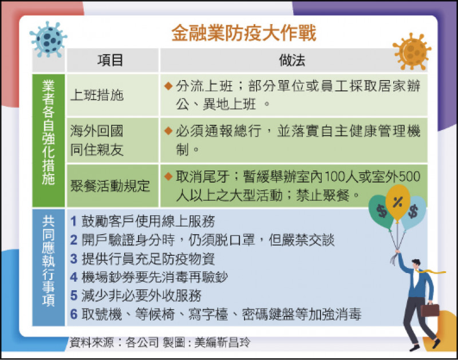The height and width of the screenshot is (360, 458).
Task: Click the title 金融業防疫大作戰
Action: [x=244, y=32]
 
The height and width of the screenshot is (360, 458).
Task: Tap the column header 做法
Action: [x=292, y=60]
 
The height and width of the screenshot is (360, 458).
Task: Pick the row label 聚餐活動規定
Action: [x=109, y=185]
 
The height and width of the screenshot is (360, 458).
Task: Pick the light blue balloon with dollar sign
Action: [x=414, y=211]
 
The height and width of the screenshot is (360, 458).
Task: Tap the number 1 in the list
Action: [x=74, y=221]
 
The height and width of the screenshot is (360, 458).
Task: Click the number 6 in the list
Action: [x=74, y=314]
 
